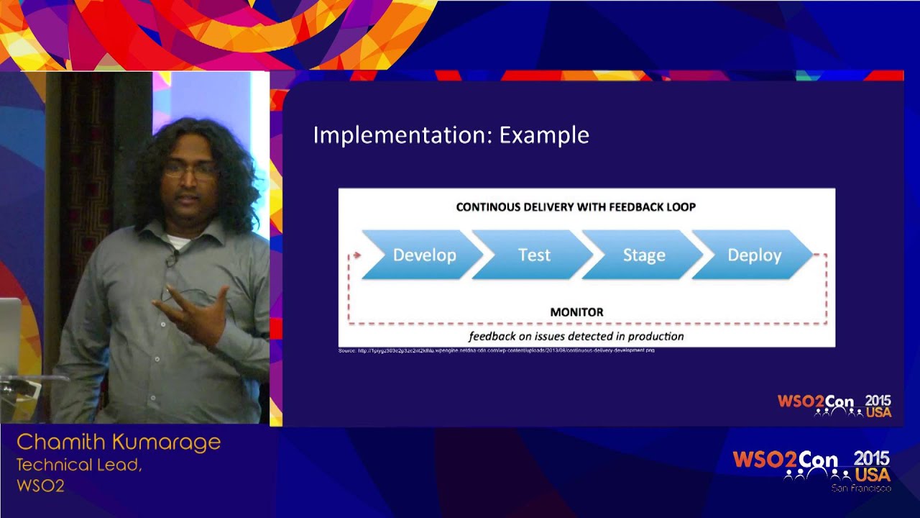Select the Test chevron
click(534, 255)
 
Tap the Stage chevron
click(643, 255)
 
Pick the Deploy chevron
click(754, 255)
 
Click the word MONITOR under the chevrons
click(576, 312)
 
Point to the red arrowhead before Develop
click(356, 255)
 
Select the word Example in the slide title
click(544, 135)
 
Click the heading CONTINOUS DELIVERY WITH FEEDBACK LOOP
click(576, 207)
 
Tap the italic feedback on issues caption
click(576, 336)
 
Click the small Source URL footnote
click(496, 350)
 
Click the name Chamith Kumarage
click(119, 442)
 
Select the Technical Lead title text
click(79, 465)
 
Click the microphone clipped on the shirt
click(171, 259)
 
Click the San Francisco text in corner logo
click(860, 489)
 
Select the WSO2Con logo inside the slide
click(834, 406)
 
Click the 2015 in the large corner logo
click(871, 458)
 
